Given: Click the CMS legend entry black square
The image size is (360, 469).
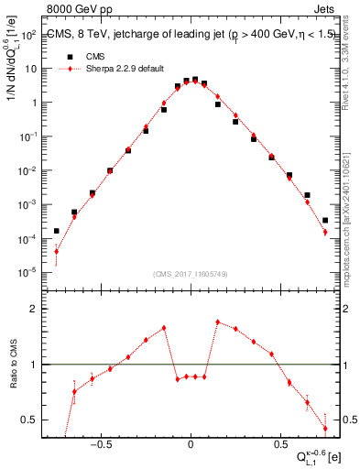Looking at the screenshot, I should point(70,55).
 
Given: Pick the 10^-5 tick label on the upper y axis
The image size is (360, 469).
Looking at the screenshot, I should point(30,272).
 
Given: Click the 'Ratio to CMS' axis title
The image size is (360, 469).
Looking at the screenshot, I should point(14,365).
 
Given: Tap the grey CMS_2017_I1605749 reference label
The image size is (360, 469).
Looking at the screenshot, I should point(190,274).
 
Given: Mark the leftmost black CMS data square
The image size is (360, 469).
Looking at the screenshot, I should point(56,231).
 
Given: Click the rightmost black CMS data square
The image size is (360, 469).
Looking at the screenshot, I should point(325,220).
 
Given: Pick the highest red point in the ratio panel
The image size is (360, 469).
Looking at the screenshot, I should point(217,322).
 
